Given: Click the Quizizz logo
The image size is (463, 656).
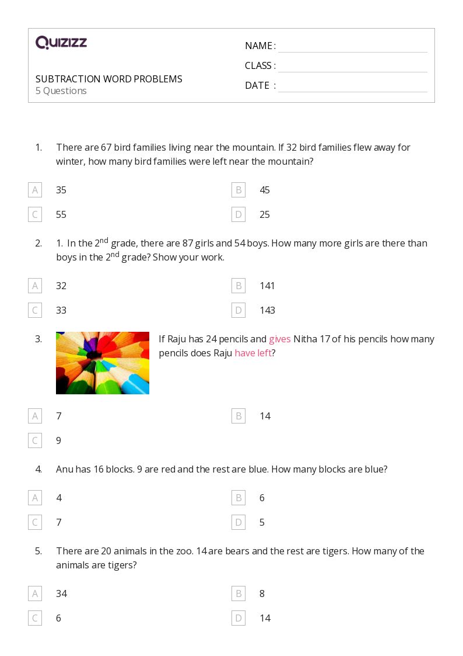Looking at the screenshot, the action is (x=61, y=42).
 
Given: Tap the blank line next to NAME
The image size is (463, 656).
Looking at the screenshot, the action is (x=353, y=53).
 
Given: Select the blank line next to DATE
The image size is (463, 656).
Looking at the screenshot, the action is (x=353, y=92).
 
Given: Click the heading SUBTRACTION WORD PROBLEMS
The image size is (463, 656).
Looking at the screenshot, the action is (x=109, y=79).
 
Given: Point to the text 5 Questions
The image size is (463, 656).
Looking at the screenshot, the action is (x=61, y=91).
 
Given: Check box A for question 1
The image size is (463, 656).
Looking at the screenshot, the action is (x=35, y=190).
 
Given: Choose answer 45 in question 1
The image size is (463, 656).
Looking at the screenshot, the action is (x=265, y=190).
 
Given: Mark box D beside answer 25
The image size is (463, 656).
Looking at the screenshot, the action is (x=238, y=214).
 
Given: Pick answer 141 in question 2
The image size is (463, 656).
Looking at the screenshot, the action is (x=267, y=286).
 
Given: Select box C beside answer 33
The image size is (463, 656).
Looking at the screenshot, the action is (x=35, y=310).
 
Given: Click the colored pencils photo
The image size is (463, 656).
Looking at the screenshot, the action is (x=103, y=363).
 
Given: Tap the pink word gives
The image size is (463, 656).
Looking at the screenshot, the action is (x=280, y=339).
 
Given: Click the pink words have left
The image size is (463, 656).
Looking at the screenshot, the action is (x=253, y=353).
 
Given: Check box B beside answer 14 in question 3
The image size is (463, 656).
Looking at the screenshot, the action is (x=238, y=416).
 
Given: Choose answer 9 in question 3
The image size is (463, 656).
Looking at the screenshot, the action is (x=58, y=440).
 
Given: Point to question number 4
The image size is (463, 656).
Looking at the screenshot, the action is (x=38, y=470).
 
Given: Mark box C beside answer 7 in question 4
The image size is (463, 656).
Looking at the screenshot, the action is (x=35, y=522).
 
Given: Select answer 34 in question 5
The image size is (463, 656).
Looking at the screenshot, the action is (x=61, y=593).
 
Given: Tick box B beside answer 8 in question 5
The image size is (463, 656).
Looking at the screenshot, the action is (x=238, y=593).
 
